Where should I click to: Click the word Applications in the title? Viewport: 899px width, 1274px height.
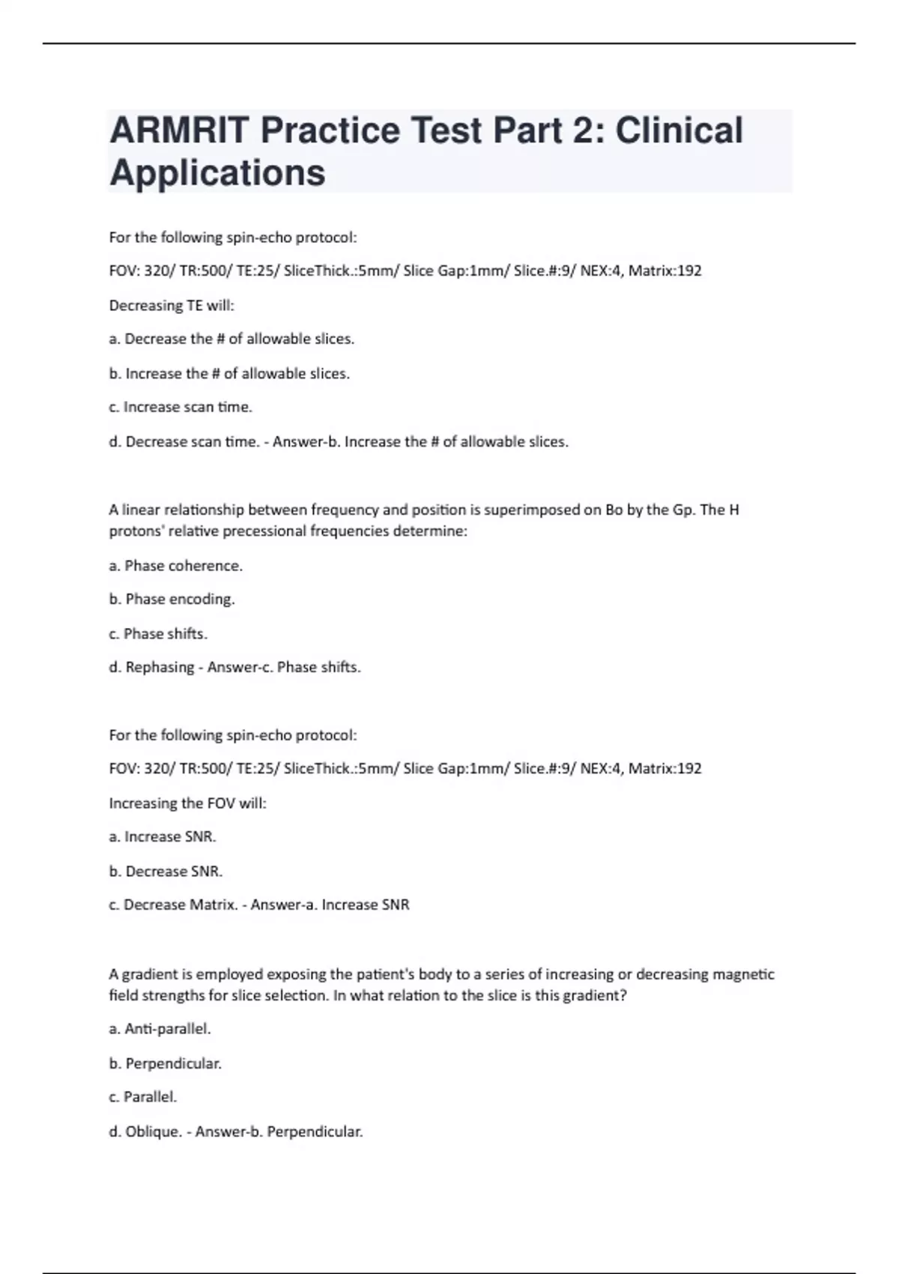(217, 172)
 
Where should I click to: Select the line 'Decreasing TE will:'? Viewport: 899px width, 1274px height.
(172, 306)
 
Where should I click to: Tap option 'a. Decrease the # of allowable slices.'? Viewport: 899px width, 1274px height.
(231, 339)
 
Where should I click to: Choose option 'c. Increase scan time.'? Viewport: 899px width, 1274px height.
(181, 407)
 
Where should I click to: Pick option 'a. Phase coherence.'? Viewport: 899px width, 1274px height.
(176, 566)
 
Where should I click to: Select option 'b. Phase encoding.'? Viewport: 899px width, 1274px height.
(172, 600)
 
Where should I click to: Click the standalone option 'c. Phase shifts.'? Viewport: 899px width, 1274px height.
(158, 634)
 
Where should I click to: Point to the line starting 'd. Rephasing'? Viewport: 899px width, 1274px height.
(234, 667)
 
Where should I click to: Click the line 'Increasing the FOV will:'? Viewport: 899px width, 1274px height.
(187, 803)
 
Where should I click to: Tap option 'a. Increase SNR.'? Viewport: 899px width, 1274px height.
(163, 837)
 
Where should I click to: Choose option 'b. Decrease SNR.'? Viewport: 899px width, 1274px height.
(166, 872)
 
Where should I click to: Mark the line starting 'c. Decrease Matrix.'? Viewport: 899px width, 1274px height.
(259, 905)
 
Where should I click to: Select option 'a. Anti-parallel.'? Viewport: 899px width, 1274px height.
(160, 1029)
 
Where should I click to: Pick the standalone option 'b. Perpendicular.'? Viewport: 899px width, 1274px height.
(166, 1063)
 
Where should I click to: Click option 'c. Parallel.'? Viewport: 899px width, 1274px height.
(143, 1097)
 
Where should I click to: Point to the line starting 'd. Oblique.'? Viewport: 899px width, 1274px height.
(235, 1132)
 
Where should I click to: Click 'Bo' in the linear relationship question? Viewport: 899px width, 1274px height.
(614, 510)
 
